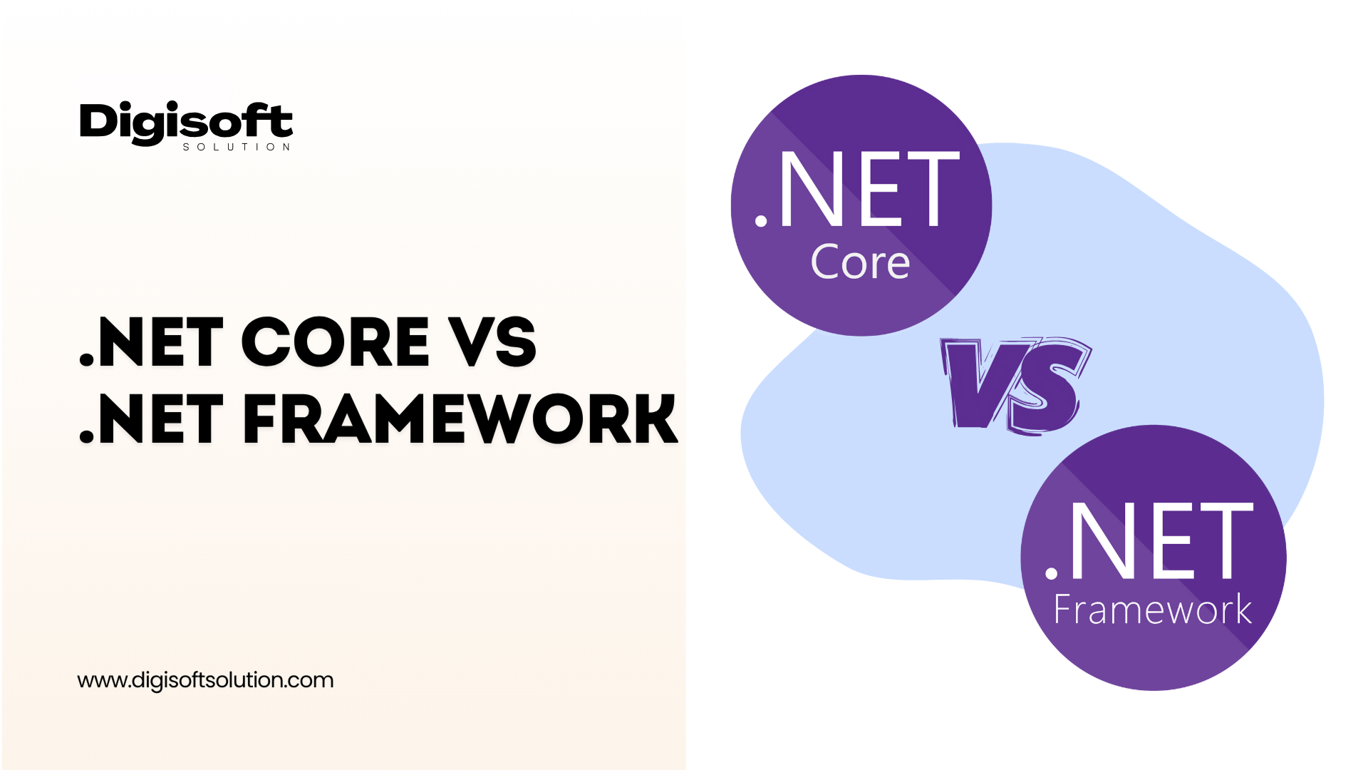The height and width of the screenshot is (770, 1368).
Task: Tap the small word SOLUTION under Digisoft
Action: [237, 147]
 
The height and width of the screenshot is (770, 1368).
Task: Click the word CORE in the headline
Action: [336, 342]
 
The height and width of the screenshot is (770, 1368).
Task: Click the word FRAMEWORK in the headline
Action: [460, 419]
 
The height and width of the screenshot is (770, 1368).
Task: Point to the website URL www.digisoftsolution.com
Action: [205, 680]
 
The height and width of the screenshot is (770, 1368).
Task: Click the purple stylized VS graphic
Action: [1015, 385]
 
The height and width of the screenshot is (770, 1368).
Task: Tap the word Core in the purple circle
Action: [860, 262]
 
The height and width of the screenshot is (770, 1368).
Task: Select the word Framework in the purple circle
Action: [1152, 610]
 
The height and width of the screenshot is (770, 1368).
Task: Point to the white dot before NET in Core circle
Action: [761, 220]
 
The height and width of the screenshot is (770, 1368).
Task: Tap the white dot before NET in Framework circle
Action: [1051, 572]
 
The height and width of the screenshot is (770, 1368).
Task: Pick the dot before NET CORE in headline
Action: [87, 359]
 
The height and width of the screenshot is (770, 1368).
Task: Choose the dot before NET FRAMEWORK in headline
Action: [87, 436]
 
